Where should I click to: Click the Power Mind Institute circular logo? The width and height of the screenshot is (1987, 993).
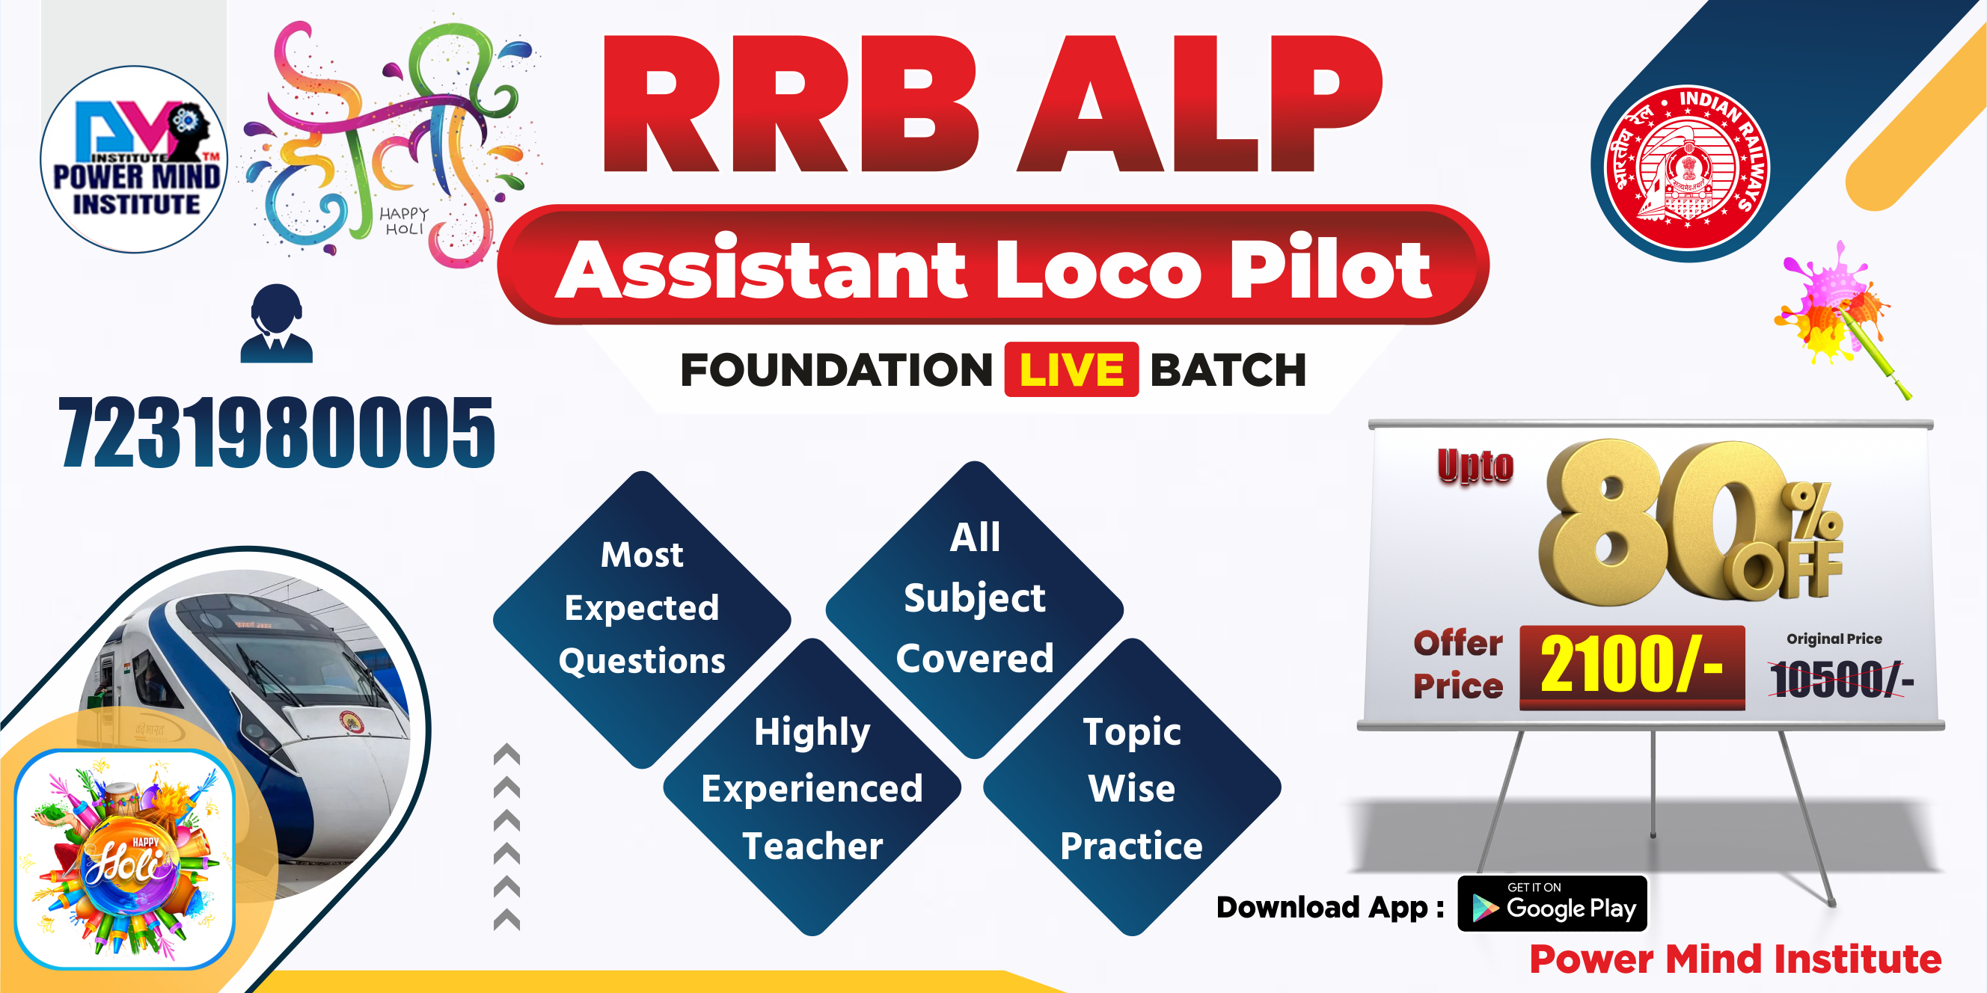(x=134, y=159)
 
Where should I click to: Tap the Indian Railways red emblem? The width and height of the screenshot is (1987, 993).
(x=1687, y=167)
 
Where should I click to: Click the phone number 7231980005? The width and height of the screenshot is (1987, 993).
(x=277, y=431)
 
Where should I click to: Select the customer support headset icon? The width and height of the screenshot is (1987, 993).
(x=276, y=324)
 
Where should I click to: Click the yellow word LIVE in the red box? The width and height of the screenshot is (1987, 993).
(x=1071, y=370)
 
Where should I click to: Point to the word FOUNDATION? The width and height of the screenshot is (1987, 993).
(x=836, y=370)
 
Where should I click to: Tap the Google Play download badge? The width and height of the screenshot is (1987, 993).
(x=1552, y=904)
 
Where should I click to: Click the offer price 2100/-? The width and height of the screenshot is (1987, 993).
(x=1632, y=665)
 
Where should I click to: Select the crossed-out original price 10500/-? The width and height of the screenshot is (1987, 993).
(x=1840, y=679)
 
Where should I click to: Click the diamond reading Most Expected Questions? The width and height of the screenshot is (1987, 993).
(x=642, y=609)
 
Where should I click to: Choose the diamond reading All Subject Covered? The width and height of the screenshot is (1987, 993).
(x=974, y=599)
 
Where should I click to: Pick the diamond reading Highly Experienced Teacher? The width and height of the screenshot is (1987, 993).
(x=812, y=788)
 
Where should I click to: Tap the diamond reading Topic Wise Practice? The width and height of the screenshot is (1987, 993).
(x=1132, y=788)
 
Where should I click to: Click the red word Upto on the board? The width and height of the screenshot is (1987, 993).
(x=1475, y=466)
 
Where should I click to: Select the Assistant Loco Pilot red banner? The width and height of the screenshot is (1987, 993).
(x=993, y=266)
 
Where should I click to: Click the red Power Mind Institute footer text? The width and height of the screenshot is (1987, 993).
(x=1735, y=960)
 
